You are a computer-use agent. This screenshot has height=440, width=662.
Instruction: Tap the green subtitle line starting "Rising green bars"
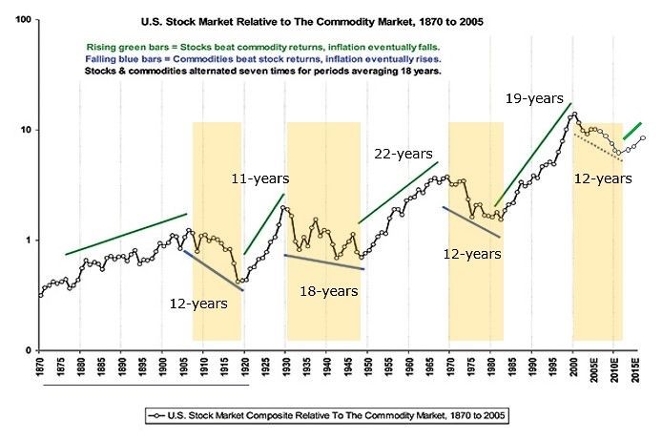tap(263, 46)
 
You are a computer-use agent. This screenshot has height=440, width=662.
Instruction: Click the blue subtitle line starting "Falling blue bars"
tap(263, 58)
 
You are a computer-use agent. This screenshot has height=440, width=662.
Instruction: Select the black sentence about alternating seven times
tap(263, 71)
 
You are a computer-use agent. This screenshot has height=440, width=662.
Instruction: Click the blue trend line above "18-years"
tap(324, 262)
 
